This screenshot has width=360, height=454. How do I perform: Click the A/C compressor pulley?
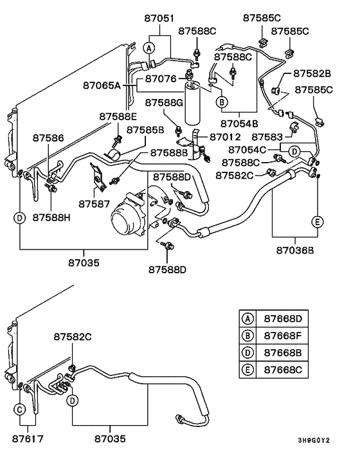pos(125,224)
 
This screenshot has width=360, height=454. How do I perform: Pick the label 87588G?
pos(164,102)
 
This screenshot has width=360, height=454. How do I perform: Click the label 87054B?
pos(239,123)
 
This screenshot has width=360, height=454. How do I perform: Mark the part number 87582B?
pos(312,74)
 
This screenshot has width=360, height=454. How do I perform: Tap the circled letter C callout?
pos(20,409)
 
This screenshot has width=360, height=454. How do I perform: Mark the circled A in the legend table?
pos(246,318)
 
